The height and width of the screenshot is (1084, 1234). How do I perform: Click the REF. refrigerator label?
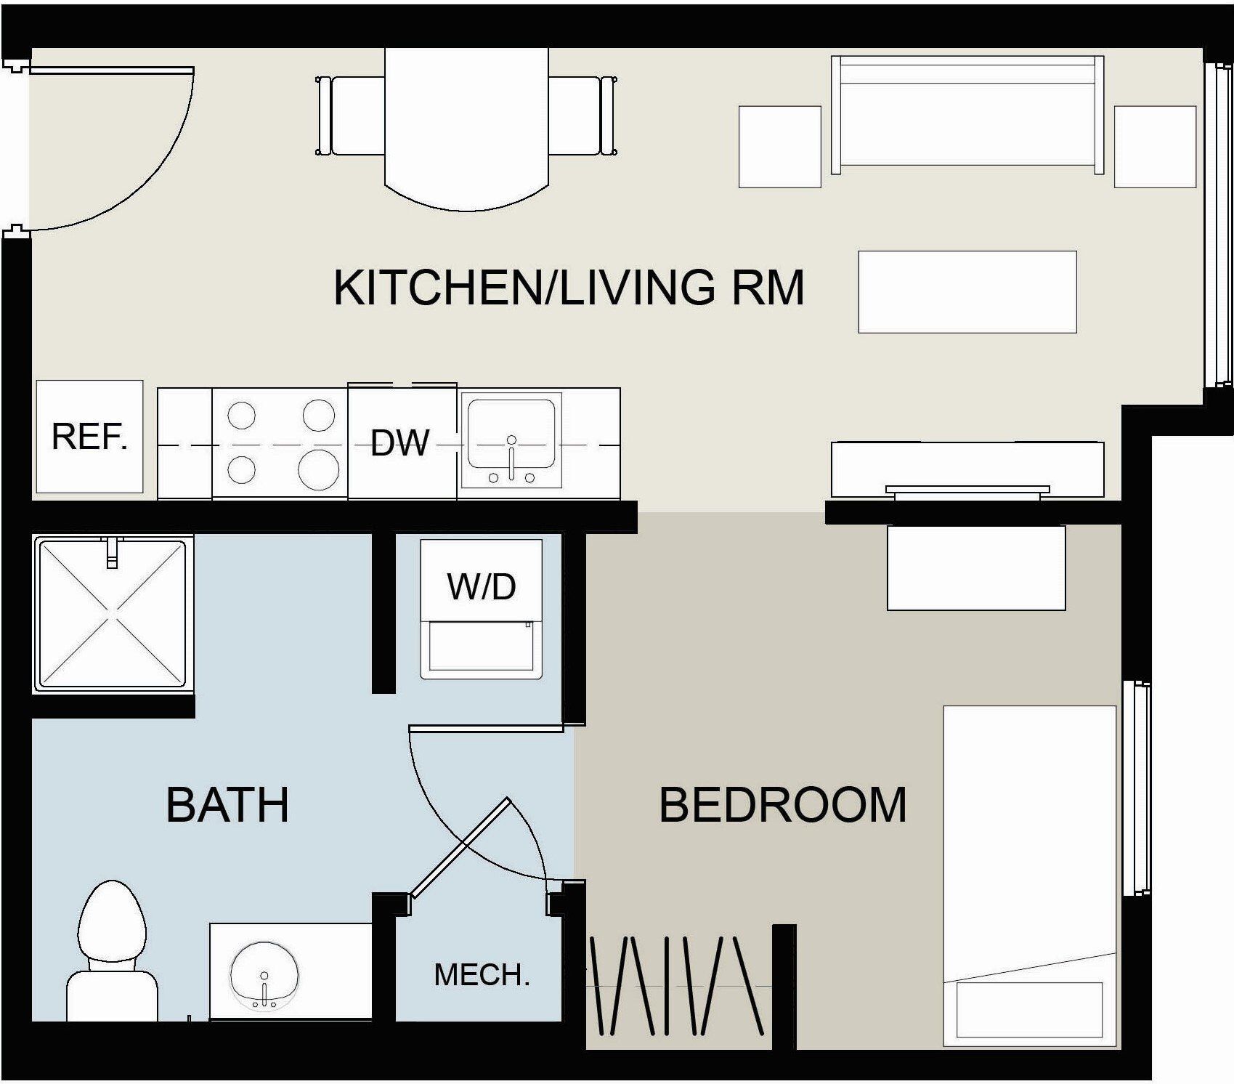[x=89, y=437]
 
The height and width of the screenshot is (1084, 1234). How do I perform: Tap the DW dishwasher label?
[x=399, y=442]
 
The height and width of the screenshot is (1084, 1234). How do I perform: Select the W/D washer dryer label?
[x=482, y=586]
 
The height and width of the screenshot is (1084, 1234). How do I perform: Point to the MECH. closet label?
[x=482, y=975]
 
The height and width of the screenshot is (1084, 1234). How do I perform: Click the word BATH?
[x=227, y=804]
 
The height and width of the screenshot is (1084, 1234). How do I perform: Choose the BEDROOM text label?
[x=783, y=804]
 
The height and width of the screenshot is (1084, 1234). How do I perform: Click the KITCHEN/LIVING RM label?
[x=569, y=287]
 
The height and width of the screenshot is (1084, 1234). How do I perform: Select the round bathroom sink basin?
[x=264, y=975]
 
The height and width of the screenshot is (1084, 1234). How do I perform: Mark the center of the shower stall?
[x=112, y=613]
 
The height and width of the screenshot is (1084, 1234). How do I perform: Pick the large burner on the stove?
[x=319, y=469]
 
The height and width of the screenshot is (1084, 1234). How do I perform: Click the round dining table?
[x=466, y=129]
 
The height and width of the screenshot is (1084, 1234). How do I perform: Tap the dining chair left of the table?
[x=350, y=116]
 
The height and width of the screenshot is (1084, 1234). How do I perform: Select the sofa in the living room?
[x=967, y=115]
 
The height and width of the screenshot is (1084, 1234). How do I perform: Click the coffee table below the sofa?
[x=967, y=291]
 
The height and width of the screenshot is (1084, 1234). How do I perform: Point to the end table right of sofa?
[x=1155, y=147]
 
